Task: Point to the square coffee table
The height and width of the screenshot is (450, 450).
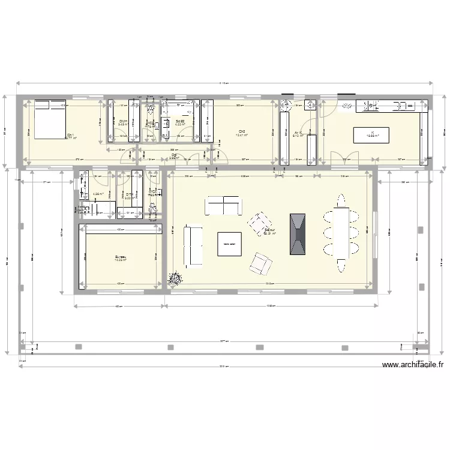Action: tap(229, 244)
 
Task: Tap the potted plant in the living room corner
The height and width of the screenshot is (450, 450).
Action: tap(175, 278)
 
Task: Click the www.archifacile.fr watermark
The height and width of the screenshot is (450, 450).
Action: tap(413, 364)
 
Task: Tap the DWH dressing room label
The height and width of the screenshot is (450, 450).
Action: tap(122, 122)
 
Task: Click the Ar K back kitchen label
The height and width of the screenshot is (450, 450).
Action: tap(298, 133)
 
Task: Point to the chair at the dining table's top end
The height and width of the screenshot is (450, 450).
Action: tap(341, 198)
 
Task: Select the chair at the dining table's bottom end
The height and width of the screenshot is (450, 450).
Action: tap(341, 265)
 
